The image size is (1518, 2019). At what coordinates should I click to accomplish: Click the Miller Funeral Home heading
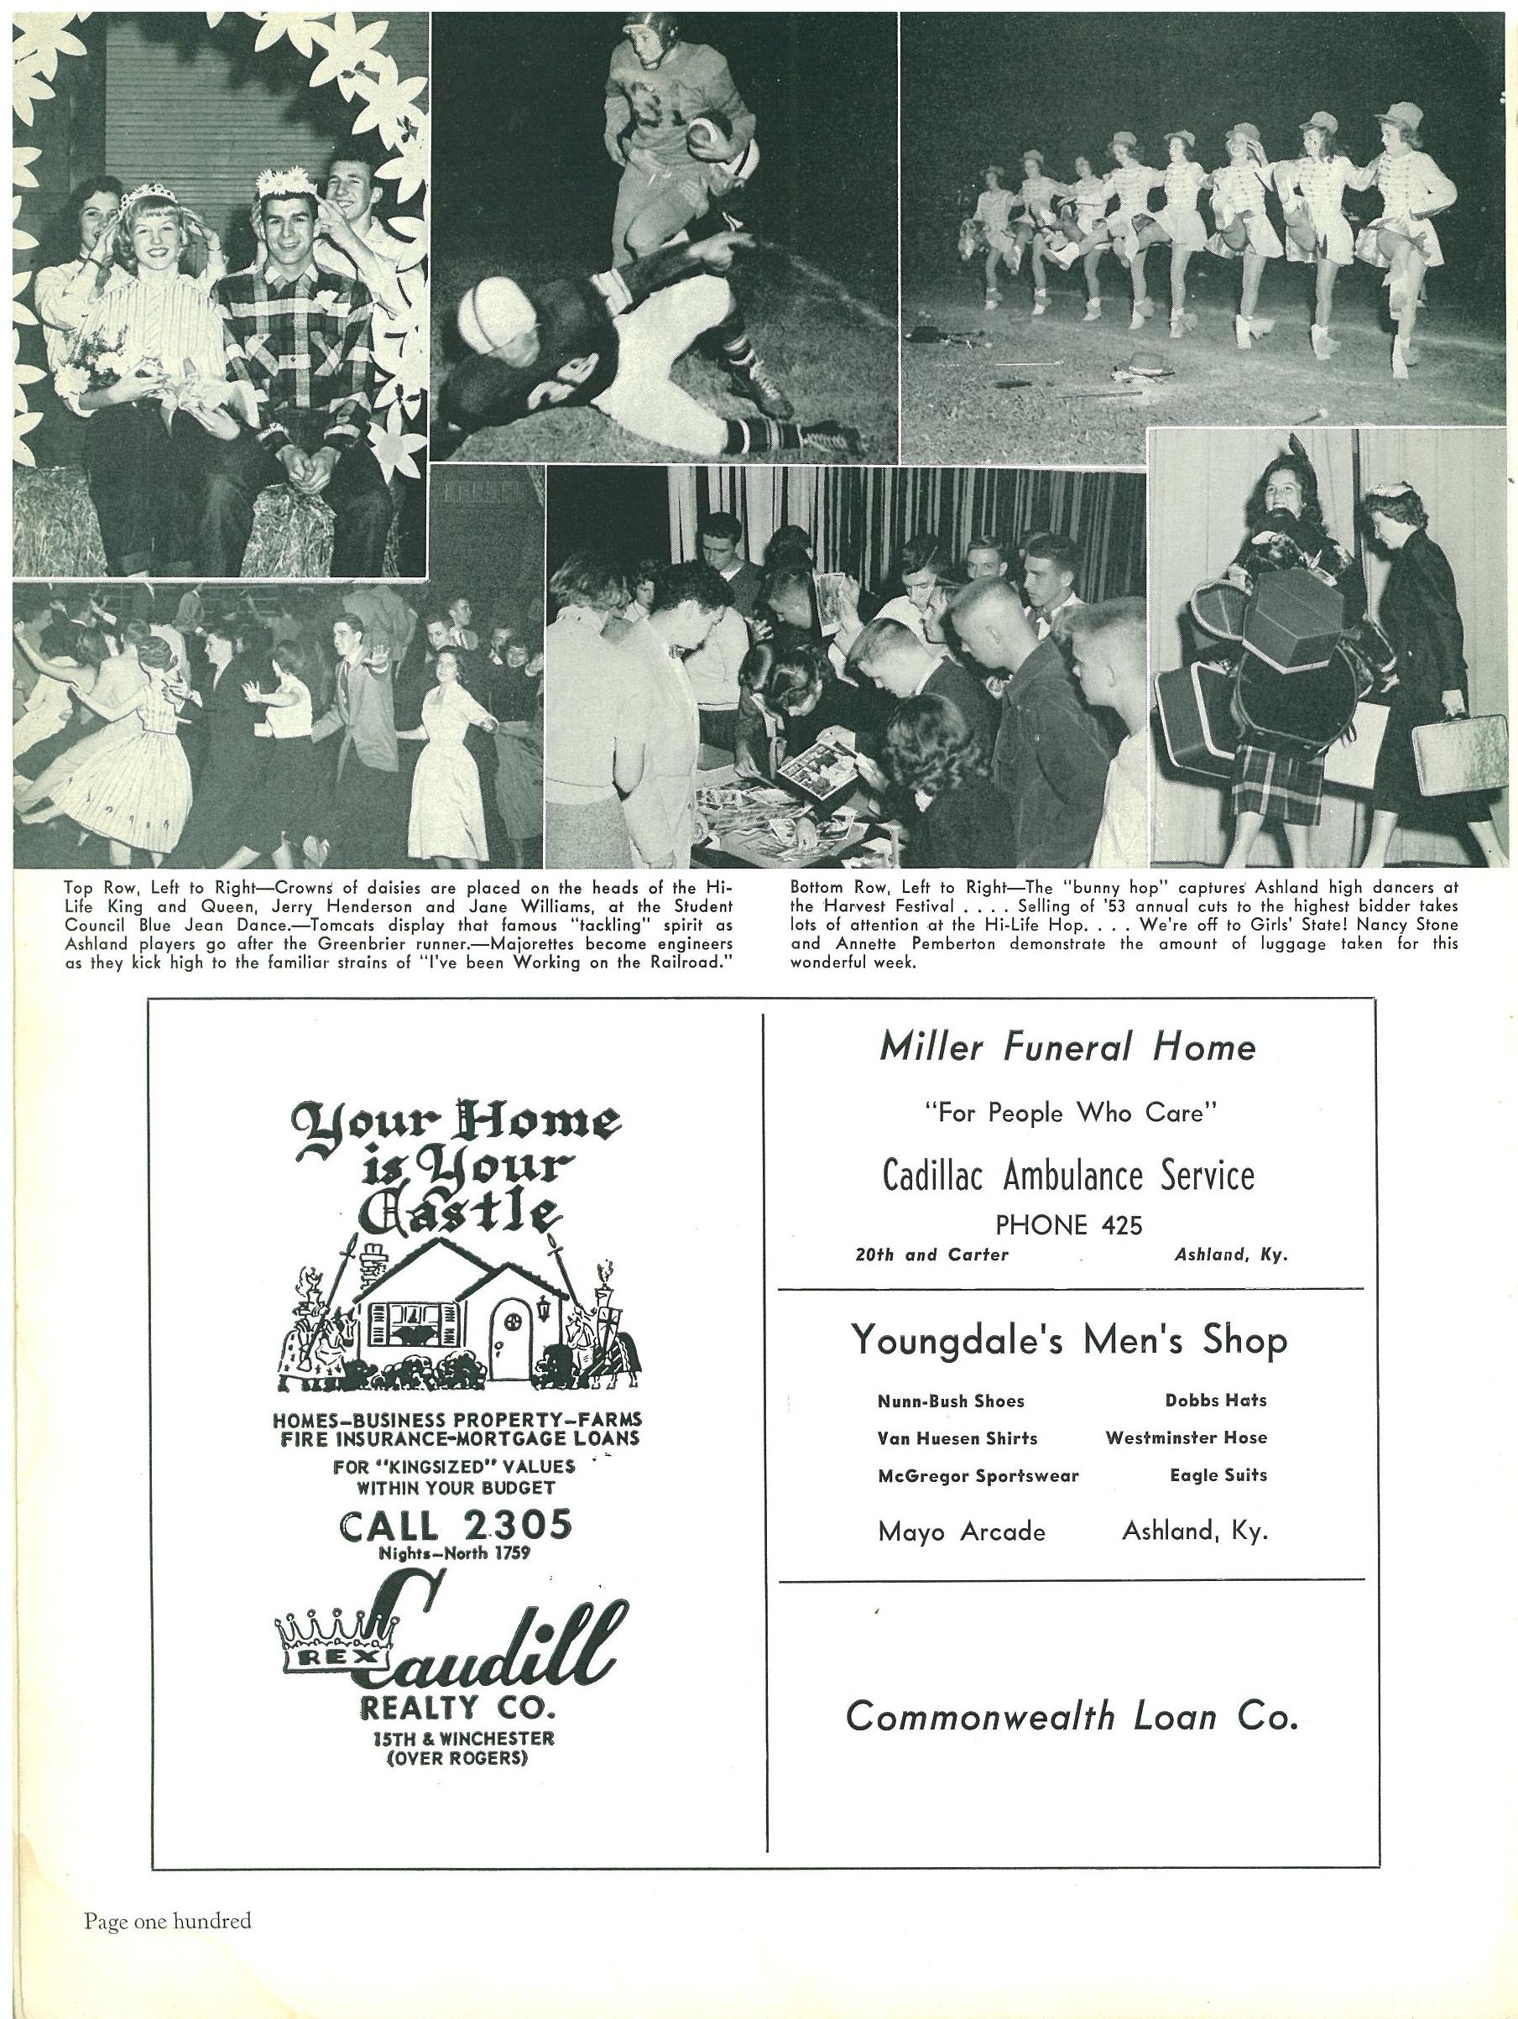click(1067, 1048)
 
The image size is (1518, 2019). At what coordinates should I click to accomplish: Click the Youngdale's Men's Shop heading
click(1069, 1341)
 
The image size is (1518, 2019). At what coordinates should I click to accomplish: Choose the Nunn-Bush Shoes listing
click(951, 1401)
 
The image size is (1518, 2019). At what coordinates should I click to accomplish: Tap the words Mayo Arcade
click(961, 1531)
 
